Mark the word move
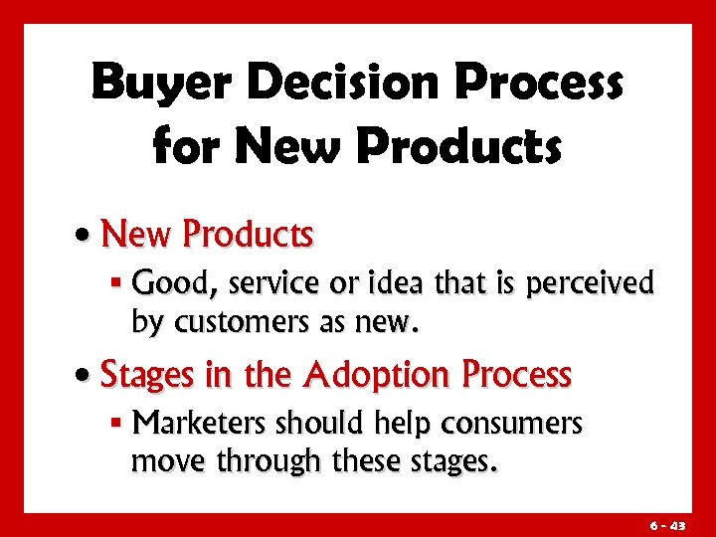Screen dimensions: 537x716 tap(165, 461)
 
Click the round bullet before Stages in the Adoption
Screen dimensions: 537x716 tap(89, 377)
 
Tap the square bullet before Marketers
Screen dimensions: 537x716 tap(117, 426)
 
